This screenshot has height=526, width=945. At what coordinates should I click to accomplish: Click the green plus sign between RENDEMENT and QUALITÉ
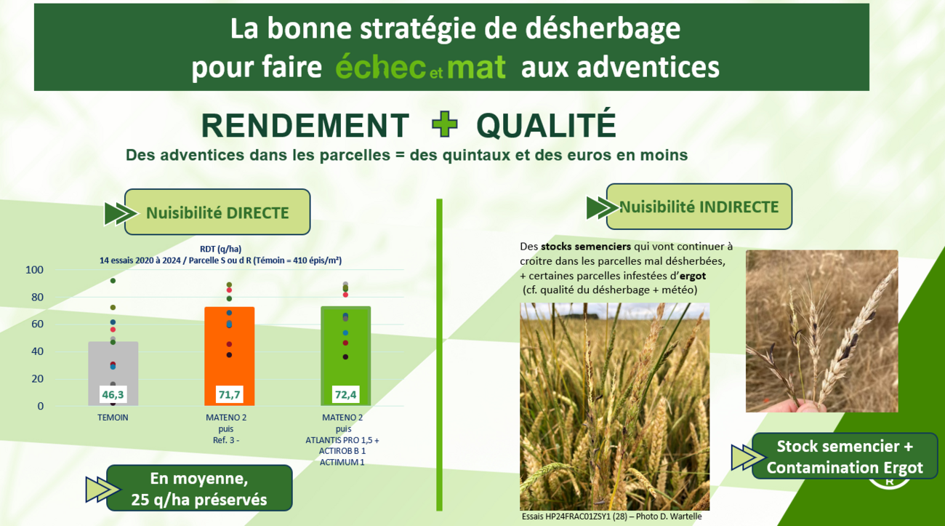tap(444, 125)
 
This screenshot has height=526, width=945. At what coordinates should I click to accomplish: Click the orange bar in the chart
tap(229, 349)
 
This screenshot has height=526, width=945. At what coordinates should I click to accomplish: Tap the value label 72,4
tap(345, 395)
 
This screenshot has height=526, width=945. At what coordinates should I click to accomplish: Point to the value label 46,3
tap(113, 395)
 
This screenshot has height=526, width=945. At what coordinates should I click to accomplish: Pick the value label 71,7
tap(229, 395)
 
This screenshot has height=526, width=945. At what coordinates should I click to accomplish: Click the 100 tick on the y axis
tap(34, 270)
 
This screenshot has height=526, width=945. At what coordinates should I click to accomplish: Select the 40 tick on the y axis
tap(36, 351)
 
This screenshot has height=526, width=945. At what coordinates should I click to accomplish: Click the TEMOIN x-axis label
tap(113, 418)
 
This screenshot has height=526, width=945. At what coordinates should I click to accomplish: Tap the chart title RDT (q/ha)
tap(220, 248)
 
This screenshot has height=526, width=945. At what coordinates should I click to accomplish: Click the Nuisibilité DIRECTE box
tap(217, 212)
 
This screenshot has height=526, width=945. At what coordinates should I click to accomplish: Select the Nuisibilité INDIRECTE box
tap(699, 207)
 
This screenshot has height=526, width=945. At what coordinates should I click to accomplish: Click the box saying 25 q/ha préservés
tap(199, 489)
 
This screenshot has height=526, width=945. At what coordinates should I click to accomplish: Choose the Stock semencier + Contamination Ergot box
tap(844, 456)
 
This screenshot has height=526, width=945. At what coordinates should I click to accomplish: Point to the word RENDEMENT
tap(305, 126)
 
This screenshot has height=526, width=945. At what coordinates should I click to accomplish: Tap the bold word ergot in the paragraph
tap(693, 276)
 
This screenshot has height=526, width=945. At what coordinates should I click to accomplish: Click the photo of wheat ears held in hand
tap(821, 331)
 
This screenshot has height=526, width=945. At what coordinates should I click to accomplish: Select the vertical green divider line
tap(439, 354)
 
